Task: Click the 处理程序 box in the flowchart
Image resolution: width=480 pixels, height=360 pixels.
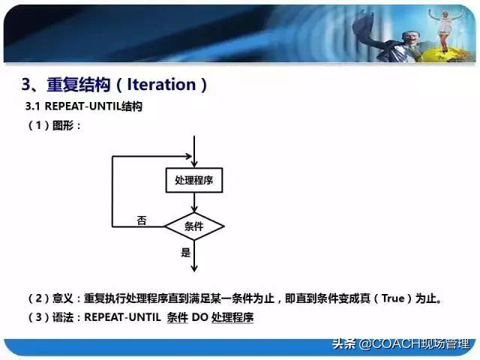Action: click(x=194, y=181)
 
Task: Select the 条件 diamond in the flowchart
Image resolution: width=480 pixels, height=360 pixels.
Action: click(x=194, y=226)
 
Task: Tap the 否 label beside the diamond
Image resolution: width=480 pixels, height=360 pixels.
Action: click(x=142, y=220)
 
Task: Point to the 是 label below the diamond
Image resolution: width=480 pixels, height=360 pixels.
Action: click(x=186, y=253)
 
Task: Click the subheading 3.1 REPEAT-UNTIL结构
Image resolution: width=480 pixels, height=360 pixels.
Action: click(x=84, y=106)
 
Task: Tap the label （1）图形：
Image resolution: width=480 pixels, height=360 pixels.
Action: click(x=54, y=125)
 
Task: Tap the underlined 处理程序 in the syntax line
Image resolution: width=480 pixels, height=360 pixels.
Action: click(x=232, y=317)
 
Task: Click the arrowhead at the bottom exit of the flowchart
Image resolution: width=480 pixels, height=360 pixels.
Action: click(x=194, y=267)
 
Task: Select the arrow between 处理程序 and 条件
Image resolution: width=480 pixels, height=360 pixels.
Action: click(x=194, y=202)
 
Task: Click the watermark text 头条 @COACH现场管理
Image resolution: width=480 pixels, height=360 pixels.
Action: click(x=400, y=344)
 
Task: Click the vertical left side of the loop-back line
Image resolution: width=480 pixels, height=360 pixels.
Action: click(x=112, y=191)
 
